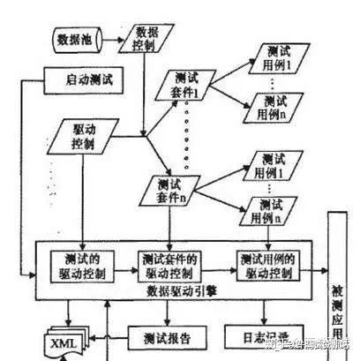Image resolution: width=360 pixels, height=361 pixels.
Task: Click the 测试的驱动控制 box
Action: click(x=85, y=265)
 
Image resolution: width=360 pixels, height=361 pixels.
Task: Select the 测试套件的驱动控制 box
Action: click(x=172, y=265)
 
